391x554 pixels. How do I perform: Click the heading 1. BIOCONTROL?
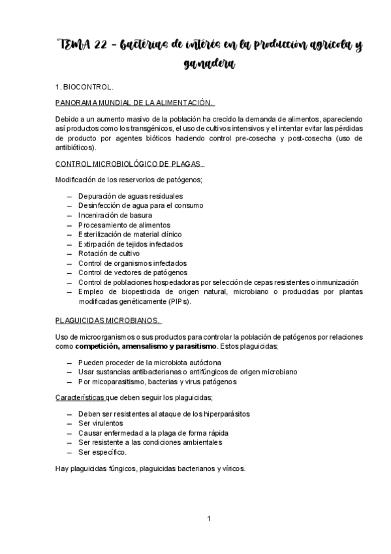[x=84, y=86]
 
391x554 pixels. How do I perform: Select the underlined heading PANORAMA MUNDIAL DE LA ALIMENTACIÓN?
[x=134, y=103]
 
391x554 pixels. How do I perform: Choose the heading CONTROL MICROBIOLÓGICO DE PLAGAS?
[x=130, y=164]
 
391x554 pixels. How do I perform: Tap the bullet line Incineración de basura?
[x=116, y=215]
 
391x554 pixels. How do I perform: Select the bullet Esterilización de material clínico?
[x=130, y=234]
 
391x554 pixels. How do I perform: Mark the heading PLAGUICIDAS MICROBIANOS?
[x=108, y=319]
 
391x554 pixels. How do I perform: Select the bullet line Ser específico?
[x=102, y=451]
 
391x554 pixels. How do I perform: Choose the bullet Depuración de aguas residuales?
[x=131, y=196]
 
